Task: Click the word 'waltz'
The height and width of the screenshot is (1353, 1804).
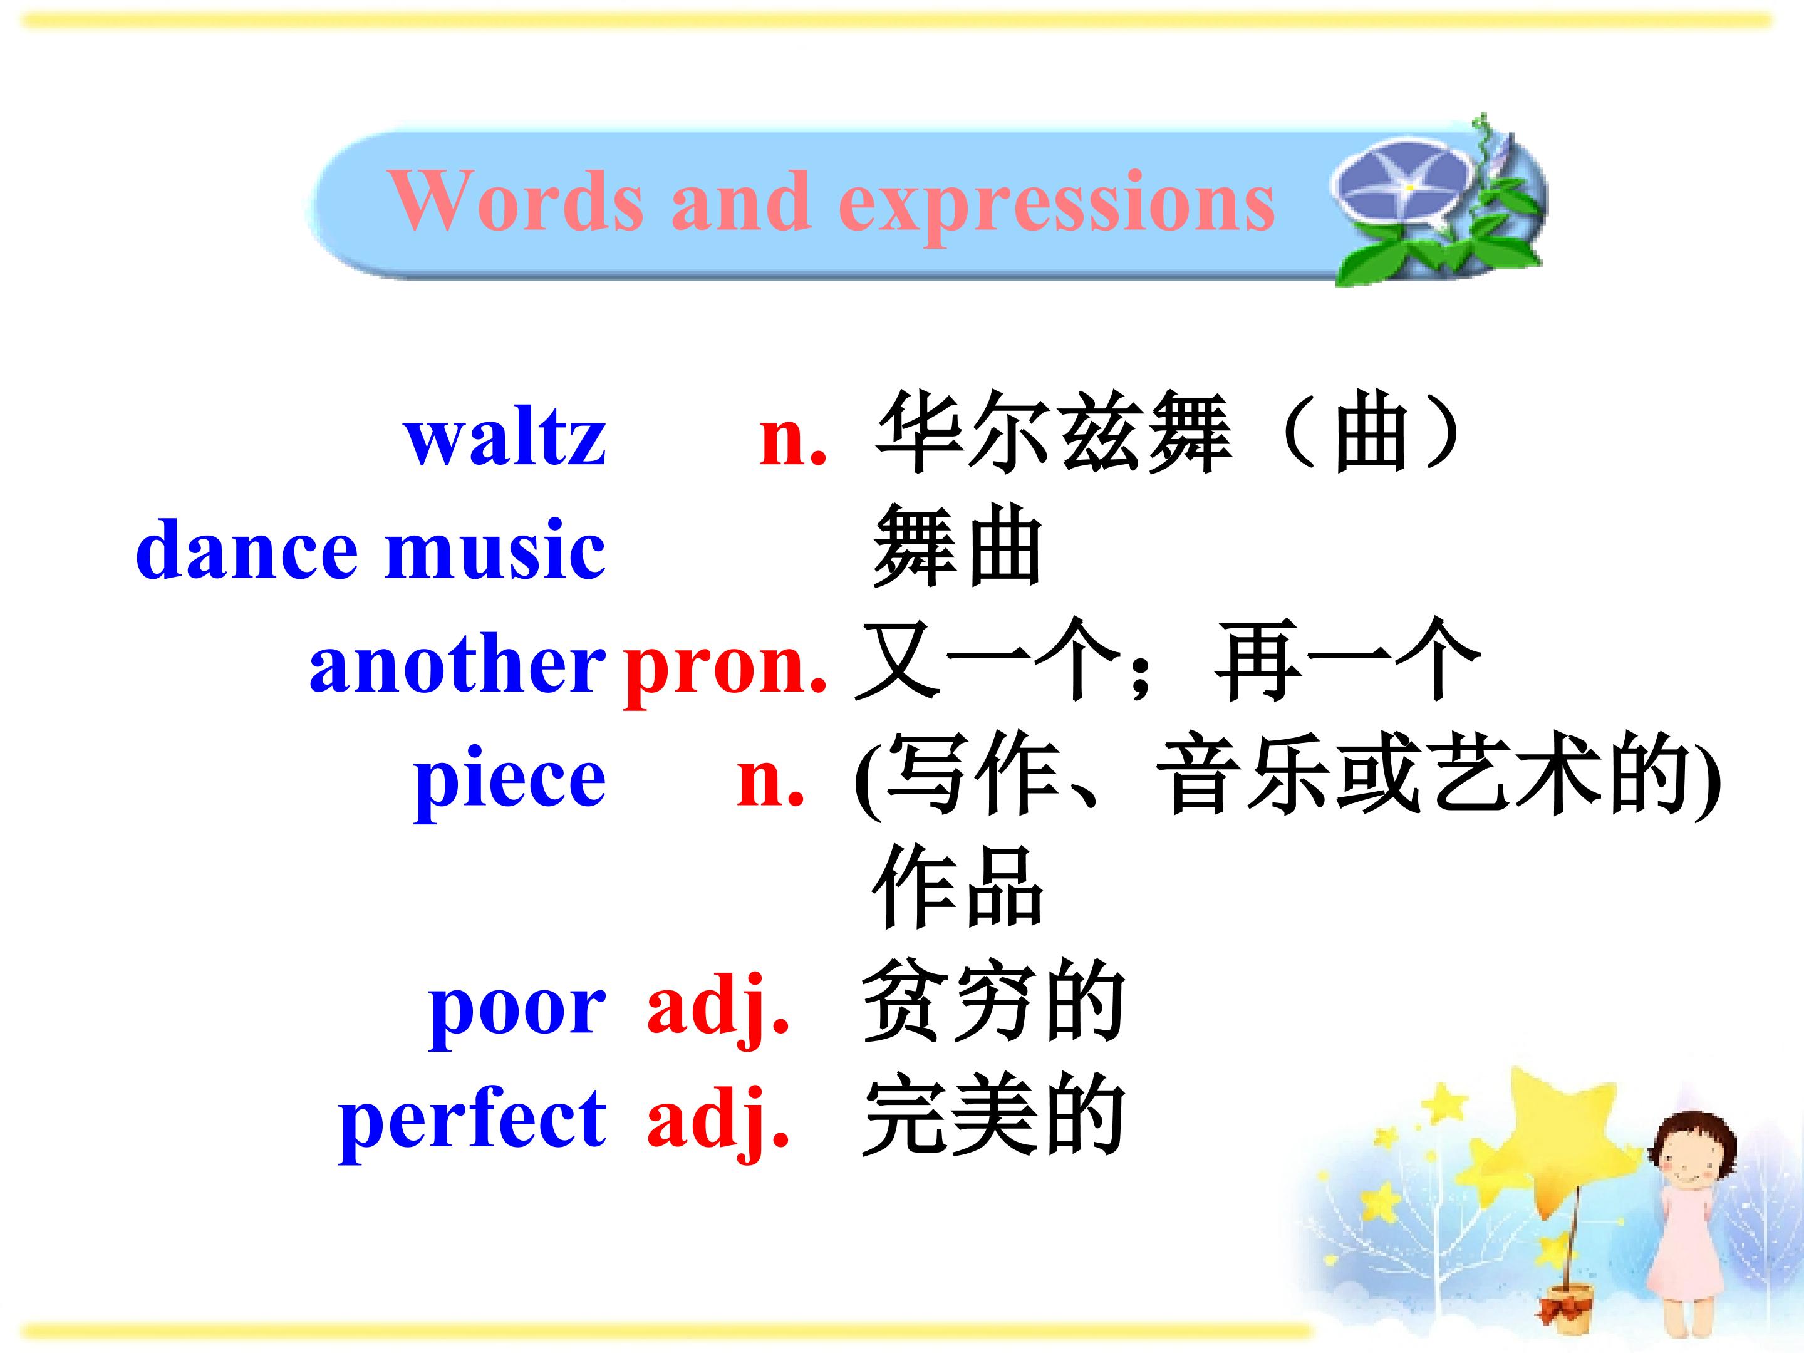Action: tap(505, 437)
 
